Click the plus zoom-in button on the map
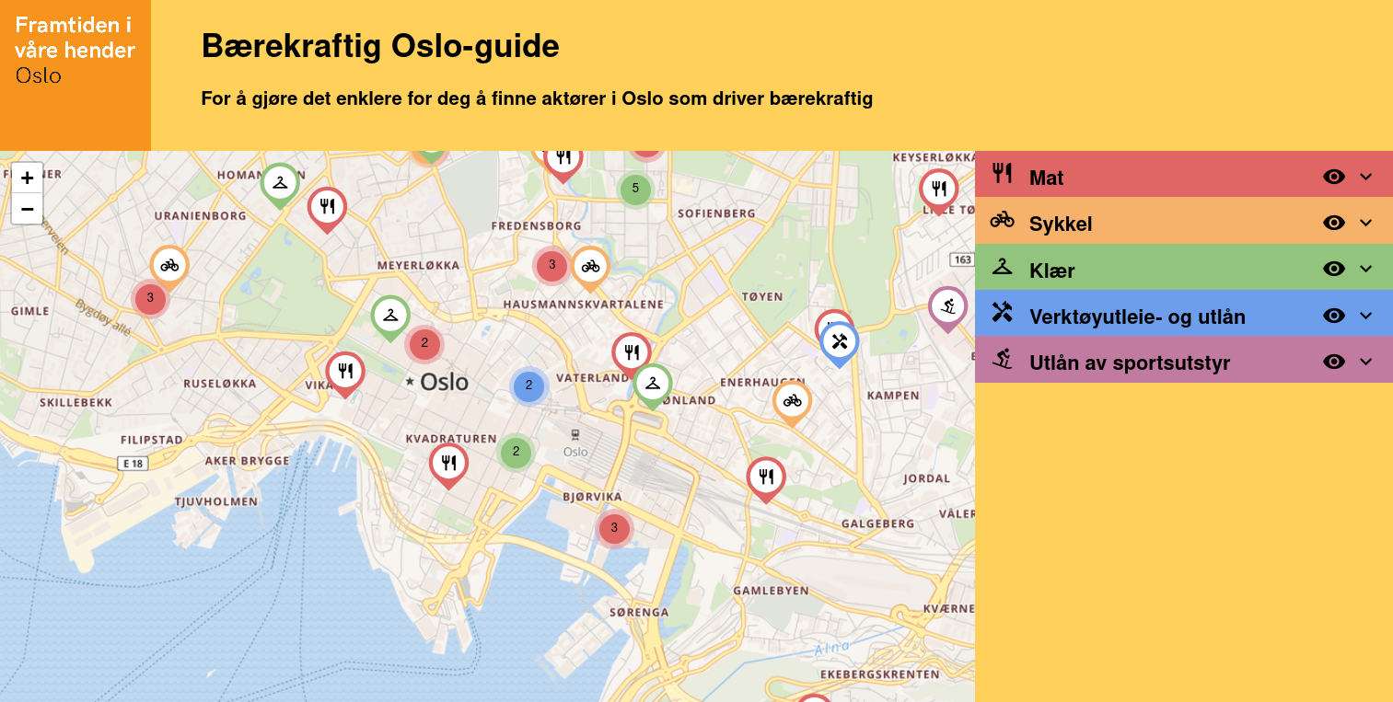27,178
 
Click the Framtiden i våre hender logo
75,52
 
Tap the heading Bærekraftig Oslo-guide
380,45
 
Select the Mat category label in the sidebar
1046,178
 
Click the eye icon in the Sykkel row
1333,223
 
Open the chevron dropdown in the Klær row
1365,269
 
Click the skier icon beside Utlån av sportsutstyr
1002,360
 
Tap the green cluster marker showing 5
635,189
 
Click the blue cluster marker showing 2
528,386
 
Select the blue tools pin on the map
839,342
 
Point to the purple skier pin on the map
947,306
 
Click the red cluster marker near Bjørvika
614,528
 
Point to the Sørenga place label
639,612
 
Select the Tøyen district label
761,296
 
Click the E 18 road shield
133,464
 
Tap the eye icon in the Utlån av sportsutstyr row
1333,362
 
